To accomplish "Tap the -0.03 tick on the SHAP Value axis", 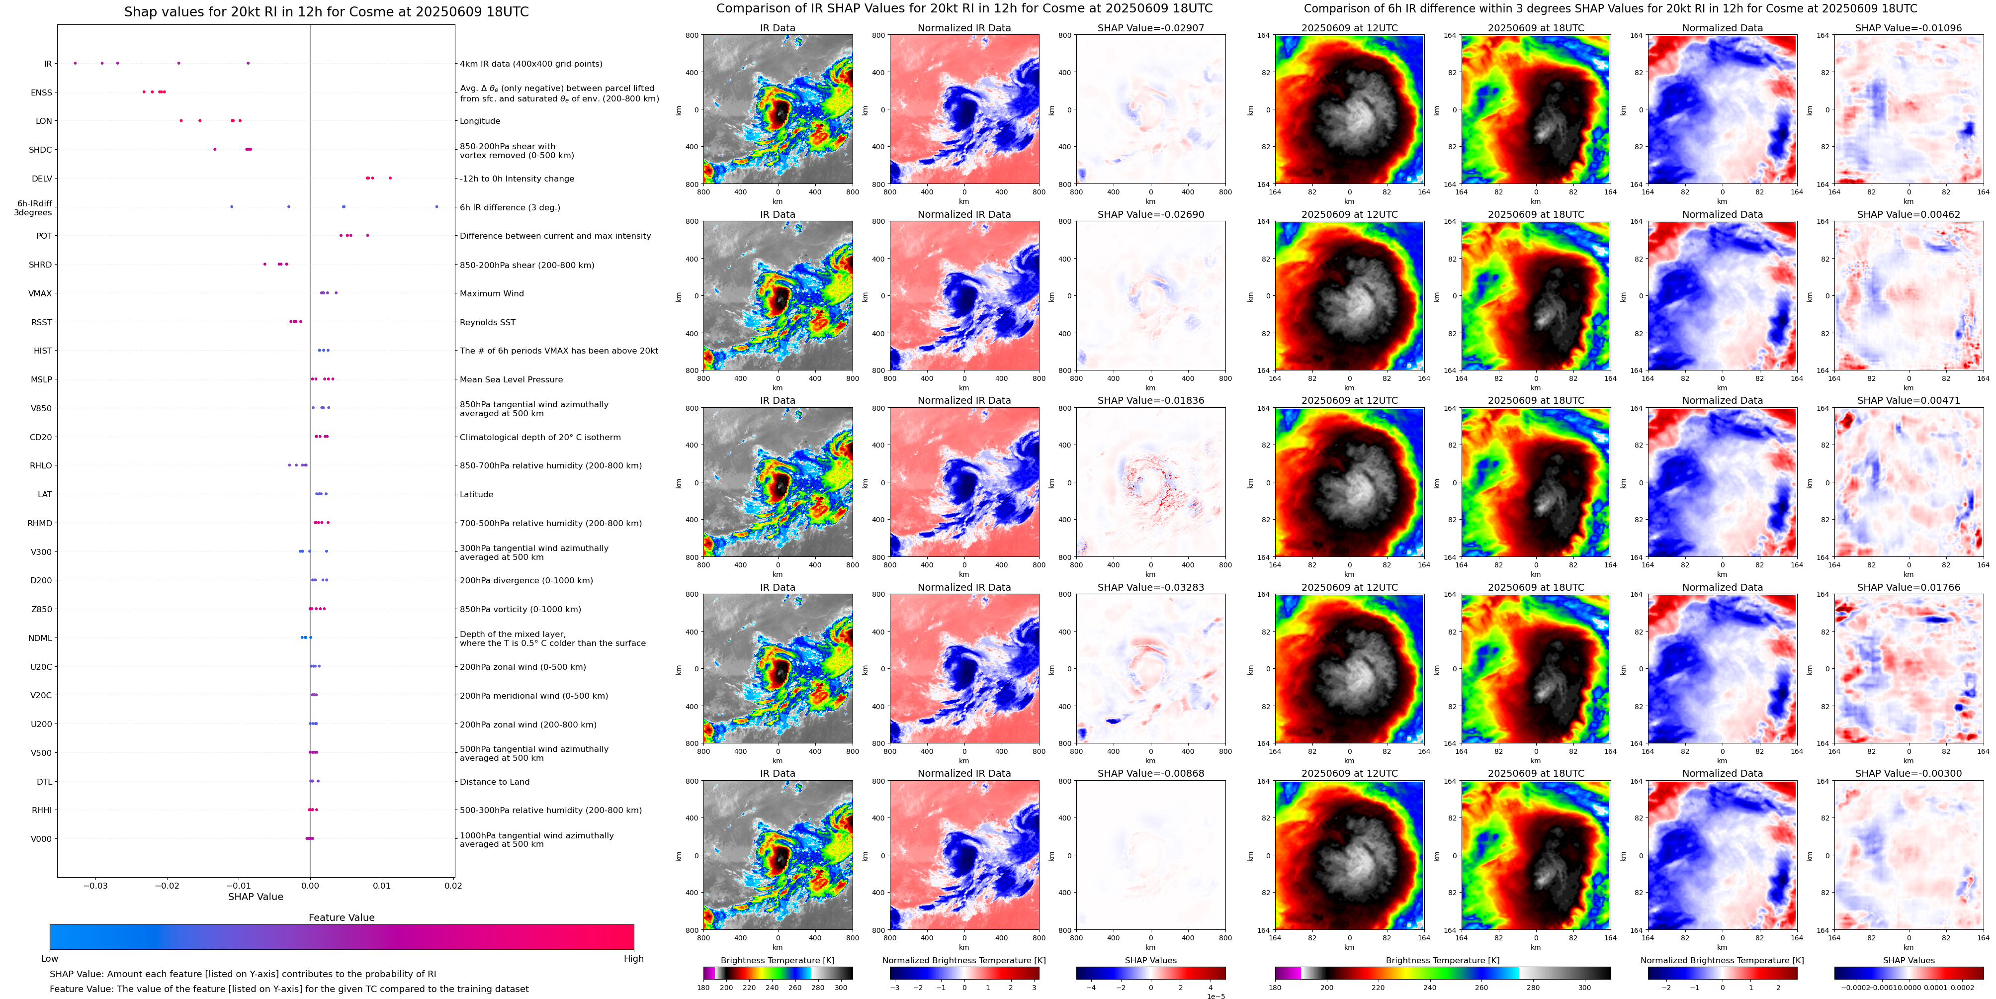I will point(95,885).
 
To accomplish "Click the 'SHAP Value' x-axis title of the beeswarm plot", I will point(255,897).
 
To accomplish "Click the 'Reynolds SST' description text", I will point(487,322).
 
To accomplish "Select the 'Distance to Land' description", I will point(494,782).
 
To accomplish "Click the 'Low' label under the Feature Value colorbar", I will point(50,959).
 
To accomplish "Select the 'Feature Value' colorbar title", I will point(341,917).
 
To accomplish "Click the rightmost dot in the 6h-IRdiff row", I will point(437,207).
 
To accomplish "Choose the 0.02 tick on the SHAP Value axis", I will point(453,885).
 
